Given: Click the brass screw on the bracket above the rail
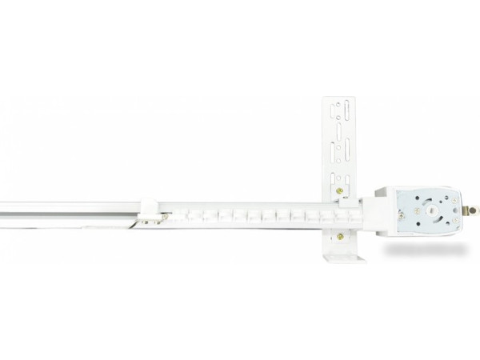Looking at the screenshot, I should pos(342,190).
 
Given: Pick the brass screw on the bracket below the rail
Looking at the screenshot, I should pos(343,235).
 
